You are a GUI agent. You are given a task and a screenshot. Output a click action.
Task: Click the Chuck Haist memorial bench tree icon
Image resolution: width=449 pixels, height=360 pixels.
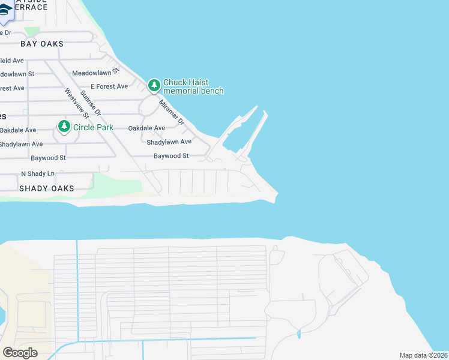click(154, 85)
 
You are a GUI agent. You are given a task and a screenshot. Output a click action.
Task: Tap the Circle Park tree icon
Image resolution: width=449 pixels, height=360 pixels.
click(64, 127)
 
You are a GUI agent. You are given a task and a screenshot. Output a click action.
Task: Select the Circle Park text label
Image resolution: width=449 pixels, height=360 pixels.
click(93, 127)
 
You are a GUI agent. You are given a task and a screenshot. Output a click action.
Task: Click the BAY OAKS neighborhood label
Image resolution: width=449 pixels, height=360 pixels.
click(42, 44)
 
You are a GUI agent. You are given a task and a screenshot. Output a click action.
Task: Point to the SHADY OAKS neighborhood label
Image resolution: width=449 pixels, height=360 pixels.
click(47, 188)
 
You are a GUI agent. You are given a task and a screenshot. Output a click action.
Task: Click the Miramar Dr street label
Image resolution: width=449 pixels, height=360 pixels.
click(170, 112)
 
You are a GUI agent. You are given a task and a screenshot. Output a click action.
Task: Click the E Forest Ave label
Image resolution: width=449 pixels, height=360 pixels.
click(109, 86)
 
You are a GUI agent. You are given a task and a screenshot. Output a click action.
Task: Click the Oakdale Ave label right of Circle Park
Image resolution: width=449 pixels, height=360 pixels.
click(146, 128)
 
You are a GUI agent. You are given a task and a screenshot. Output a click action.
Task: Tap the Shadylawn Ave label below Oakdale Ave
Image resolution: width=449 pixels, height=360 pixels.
click(169, 142)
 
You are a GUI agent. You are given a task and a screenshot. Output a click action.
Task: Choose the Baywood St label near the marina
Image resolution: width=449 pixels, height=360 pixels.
click(171, 156)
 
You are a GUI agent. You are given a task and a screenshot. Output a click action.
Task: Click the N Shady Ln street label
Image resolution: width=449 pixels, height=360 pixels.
click(38, 173)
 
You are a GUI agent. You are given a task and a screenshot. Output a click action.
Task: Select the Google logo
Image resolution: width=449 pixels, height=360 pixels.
click(20, 353)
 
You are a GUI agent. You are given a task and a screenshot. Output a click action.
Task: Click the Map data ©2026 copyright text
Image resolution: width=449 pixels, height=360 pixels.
click(423, 355)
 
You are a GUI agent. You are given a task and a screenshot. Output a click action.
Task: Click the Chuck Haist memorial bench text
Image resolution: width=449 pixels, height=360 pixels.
click(193, 86)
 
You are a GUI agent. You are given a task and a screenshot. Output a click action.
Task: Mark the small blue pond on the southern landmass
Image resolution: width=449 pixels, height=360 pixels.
click(298, 334)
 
